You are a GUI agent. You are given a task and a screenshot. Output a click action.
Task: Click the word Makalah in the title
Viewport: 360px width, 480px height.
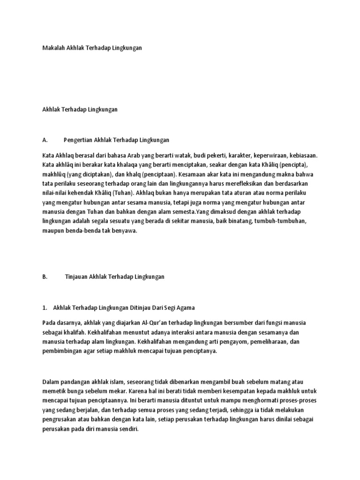(52, 48)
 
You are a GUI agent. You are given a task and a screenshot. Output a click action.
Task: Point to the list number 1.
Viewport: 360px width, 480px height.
(44, 307)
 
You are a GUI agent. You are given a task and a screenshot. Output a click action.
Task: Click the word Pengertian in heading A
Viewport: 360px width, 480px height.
(78, 140)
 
